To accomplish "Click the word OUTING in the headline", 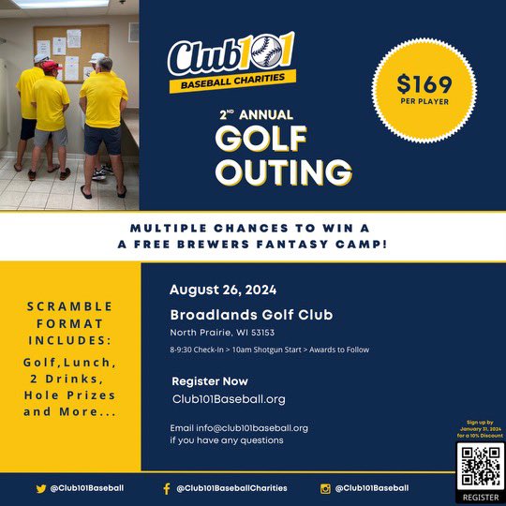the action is coord(283,171).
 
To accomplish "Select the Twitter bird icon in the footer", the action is coord(41,488).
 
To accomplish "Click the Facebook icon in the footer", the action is coord(167,488).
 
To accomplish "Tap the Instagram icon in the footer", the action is coord(326,488).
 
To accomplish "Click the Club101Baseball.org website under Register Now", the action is coord(229,399).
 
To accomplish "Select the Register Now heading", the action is coord(210,381).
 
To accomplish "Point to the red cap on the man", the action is coord(52,67).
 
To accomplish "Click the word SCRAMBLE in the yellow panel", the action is coord(69,306).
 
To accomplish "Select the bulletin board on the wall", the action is coord(69,52).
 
